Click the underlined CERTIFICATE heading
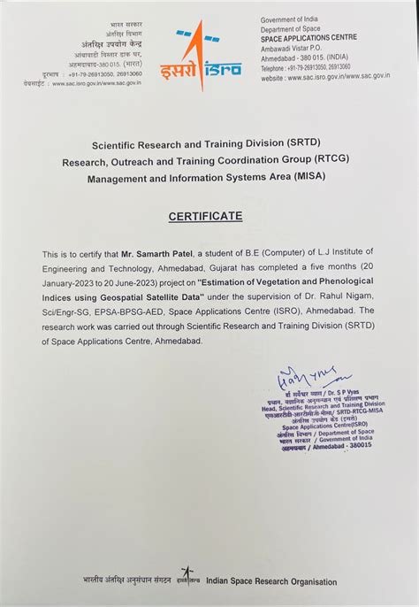tap(209, 216)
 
